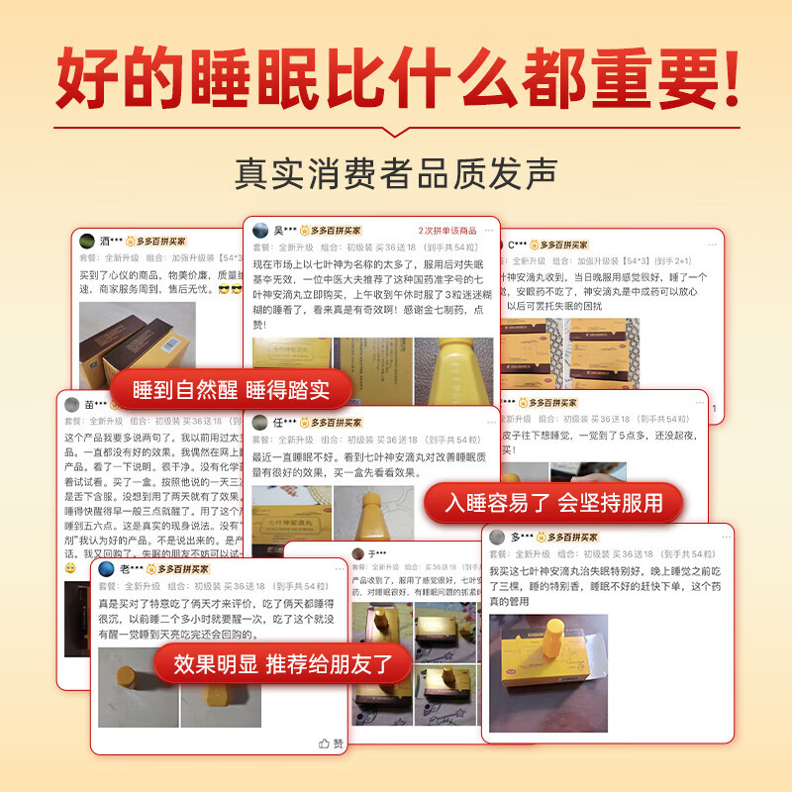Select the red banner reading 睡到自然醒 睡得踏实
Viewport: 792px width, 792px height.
(x=232, y=387)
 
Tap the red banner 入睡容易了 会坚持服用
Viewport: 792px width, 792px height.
(x=553, y=503)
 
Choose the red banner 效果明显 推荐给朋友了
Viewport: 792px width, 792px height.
(x=283, y=663)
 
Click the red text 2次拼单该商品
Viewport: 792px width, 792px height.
(x=447, y=230)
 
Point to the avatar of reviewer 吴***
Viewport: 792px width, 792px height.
(x=260, y=230)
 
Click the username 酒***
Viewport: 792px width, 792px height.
(x=111, y=242)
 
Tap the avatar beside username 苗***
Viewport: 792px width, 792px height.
(x=72, y=404)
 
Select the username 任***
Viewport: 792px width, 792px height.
(x=283, y=423)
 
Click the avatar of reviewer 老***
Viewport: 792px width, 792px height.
(x=106, y=569)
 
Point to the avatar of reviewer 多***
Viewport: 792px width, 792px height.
(x=497, y=537)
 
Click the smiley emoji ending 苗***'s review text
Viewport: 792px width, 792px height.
(x=70, y=569)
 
